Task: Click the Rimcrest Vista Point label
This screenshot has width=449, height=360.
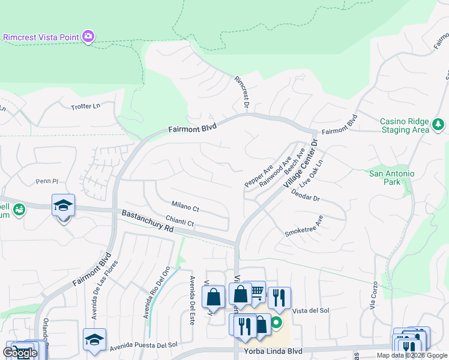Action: (x=41, y=37)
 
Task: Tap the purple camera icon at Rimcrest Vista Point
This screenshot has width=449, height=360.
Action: (x=88, y=37)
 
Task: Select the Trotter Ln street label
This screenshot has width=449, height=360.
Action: (x=85, y=106)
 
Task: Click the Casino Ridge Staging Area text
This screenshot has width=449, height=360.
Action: (x=405, y=125)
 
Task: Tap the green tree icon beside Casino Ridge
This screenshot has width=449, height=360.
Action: (x=439, y=125)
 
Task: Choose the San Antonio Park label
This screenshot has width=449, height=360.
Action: (x=391, y=178)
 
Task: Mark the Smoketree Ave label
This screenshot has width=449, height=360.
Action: (x=303, y=226)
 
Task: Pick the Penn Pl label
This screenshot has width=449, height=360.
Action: (x=46, y=181)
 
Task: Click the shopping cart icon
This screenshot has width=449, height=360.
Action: (x=256, y=291)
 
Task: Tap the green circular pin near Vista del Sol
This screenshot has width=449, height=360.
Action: (x=276, y=323)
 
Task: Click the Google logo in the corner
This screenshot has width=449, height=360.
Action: (x=19, y=353)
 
